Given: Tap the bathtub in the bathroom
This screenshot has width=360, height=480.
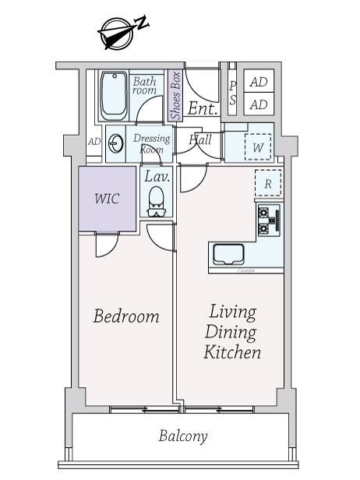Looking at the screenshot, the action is click(114, 96).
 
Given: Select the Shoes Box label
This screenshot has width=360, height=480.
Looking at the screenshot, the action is click(175, 96).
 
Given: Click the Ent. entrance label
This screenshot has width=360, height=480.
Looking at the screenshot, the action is click(203, 108).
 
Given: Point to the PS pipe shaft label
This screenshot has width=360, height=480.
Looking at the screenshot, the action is click(233, 93).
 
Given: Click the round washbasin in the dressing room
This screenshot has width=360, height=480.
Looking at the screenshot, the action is click(116, 143).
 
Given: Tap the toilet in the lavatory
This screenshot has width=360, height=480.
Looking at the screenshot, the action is click(156, 201).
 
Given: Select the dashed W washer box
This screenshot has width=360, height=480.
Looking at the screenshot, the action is click(258, 147).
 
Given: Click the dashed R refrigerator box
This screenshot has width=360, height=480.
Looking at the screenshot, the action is click(268, 183).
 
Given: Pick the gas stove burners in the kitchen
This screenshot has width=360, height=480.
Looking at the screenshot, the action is click(269, 221).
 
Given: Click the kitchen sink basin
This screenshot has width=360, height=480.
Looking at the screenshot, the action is click(228, 254).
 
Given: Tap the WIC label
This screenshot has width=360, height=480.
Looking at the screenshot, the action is click(107, 199).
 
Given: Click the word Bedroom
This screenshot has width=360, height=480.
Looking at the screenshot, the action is click(126, 316).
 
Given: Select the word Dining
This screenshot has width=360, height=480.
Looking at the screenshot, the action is click(231, 332).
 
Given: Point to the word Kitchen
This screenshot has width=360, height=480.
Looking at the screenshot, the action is click(232, 351).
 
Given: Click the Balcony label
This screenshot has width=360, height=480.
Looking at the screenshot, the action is click(183, 436).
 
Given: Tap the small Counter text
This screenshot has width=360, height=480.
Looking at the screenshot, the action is click(246, 270).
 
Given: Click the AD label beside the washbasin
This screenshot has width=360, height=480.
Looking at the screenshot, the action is click(94, 142).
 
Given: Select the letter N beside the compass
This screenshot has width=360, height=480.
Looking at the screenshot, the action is click(143, 23).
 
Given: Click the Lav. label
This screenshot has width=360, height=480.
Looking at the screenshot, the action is click(157, 177).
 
